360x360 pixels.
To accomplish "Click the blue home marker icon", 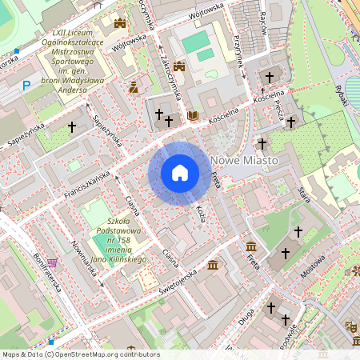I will point(180,173).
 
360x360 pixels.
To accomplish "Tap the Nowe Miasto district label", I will point(245,161).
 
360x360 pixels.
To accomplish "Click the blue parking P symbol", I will point(26,84).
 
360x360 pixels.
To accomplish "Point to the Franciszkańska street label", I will point(86,183).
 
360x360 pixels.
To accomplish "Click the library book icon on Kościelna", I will point(192,116).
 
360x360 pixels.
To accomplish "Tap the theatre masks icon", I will point(350,326).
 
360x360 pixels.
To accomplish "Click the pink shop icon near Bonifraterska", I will point(52,262).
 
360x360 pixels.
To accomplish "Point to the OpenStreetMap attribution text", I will point(80,354).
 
